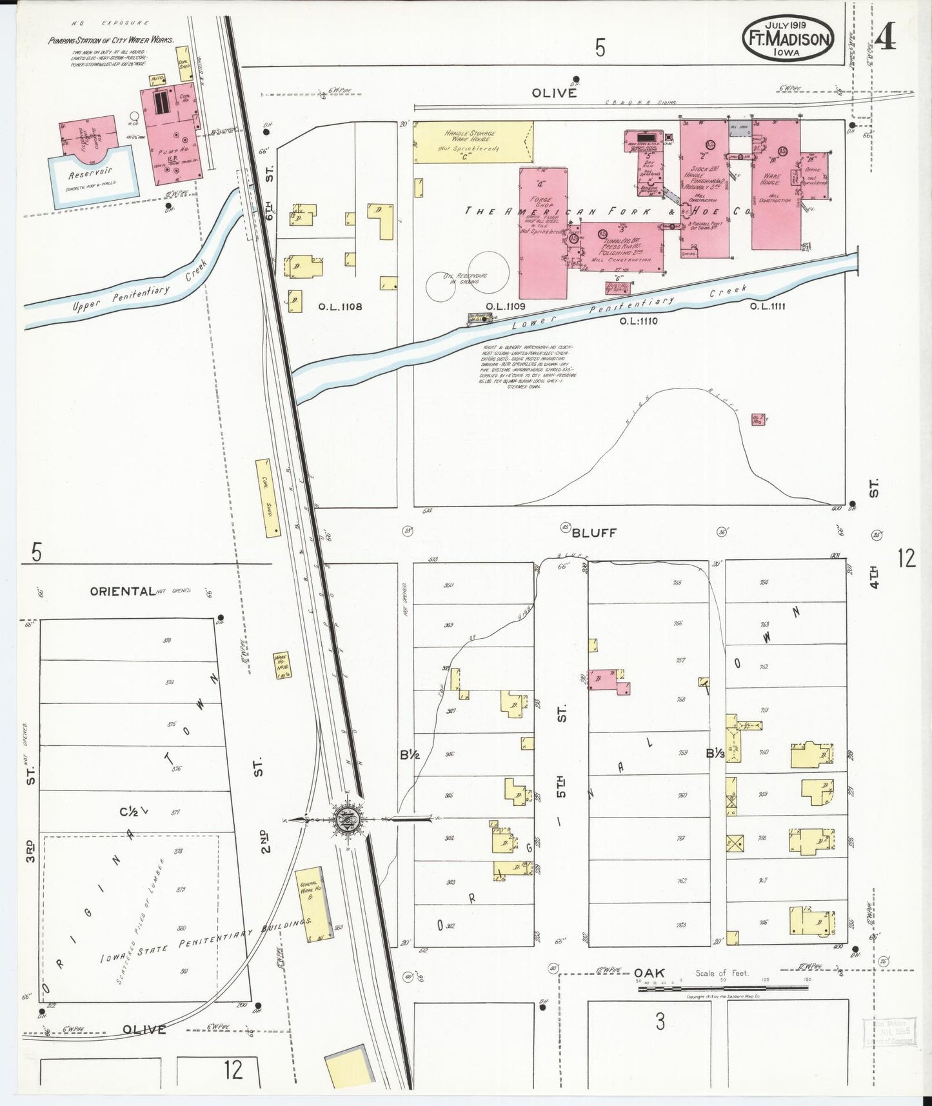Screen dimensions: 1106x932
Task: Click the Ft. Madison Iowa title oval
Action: pos(788,38)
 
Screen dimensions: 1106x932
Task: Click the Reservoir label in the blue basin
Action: pos(90,172)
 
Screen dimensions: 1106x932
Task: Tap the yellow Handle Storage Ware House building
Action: pos(473,142)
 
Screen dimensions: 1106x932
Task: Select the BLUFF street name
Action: pos(594,532)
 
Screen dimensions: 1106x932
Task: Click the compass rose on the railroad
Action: pos(348,821)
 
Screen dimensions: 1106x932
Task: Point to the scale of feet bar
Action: pos(722,988)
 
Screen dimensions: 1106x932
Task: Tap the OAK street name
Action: pos(649,972)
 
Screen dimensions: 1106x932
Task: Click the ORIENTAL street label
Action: pos(123,591)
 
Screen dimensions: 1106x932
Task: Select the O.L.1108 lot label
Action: pos(340,307)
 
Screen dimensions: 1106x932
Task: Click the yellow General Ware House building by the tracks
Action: pos(315,902)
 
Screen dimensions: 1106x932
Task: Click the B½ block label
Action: pos(410,754)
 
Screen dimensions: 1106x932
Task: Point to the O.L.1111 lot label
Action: pos(767,306)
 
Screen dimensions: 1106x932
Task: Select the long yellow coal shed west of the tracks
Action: pos(267,498)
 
